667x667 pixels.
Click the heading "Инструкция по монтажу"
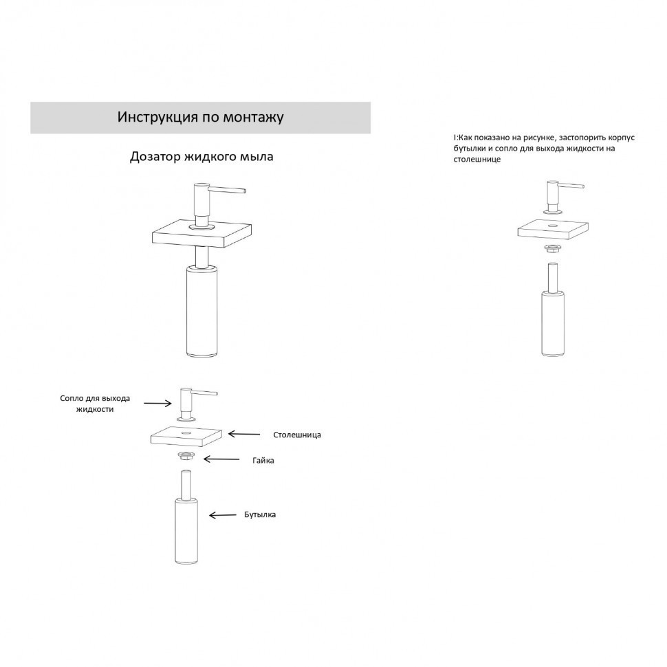(x=200, y=117)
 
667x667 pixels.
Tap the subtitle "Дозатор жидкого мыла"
(x=201, y=157)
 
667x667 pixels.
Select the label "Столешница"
(x=297, y=435)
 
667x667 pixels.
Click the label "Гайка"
(x=263, y=460)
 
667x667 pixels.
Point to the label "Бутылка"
(x=260, y=514)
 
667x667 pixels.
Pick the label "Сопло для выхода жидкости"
(x=95, y=404)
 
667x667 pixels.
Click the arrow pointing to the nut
(x=221, y=459)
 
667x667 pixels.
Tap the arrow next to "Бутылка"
(x=223, y=515)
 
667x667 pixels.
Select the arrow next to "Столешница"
(x=244, y=434)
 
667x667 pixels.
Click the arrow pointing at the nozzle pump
(x=157, y=403)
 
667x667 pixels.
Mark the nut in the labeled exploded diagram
(x=186, y=456)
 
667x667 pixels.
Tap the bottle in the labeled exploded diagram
(x=186, y=517)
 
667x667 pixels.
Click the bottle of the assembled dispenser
(x=201, y=310)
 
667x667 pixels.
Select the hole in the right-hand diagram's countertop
(x=553, y=225)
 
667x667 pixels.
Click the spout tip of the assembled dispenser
(x=244, y=190)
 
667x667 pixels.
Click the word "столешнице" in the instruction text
(x=477, y=160)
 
